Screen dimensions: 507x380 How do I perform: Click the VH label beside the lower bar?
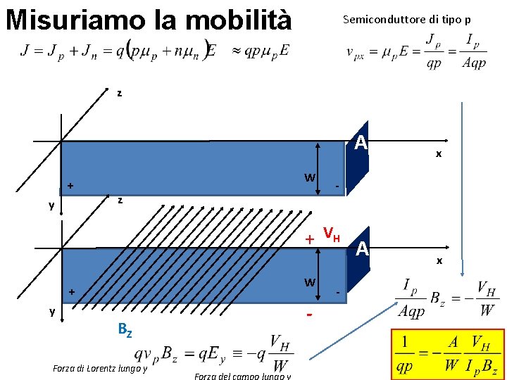332,233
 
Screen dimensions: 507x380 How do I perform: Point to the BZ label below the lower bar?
124,328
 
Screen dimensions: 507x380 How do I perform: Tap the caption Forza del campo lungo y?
242,375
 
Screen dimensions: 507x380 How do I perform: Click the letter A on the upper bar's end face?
361,144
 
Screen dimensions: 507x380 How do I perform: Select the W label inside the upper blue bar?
309,177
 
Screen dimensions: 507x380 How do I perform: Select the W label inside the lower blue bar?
309,283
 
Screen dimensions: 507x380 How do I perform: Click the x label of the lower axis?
439,260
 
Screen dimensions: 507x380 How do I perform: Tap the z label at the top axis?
119,93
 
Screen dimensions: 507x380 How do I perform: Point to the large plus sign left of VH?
309,239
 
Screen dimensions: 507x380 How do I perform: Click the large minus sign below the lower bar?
309,314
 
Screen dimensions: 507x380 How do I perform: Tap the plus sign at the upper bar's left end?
70,186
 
